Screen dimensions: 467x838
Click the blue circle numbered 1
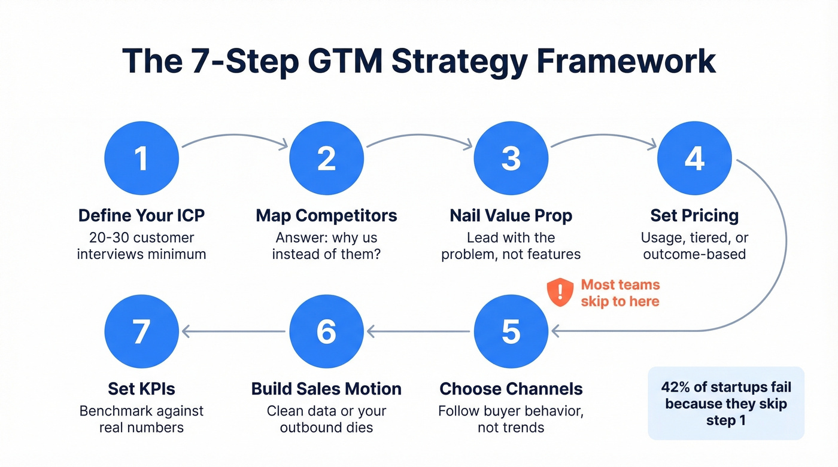pyautogui.click(x=141, y=159)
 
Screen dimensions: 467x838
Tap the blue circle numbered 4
pyautogui.click(x=694, y=159)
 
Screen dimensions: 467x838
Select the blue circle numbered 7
pyautogui.click(x=141, y=331)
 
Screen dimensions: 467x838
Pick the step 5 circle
pyautogui.click(x=511, y=331)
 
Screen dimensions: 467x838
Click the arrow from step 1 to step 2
pyautogui.click(x=234, y=141)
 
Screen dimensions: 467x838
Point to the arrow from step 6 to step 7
pyautogui.click(x=233, y=331)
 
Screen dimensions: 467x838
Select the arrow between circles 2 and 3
pyautogui.click(x=418, y=141)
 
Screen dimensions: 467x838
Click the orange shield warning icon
pyautogui.click(x=560, y=292)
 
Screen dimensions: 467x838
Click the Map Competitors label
pyautogui.click(x=326, y=215)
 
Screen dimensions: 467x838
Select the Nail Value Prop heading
pyautogui.click(x=511, y=215)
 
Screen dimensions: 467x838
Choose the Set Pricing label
pyautogui.click(x=694, y=215)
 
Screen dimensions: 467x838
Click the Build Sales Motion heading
pyautogui.click(x=326, y=389)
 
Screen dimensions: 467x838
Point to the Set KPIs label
pyautogui.click(x=141, y=389)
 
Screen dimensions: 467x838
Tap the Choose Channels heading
pyautogui.click(x=511, y=389)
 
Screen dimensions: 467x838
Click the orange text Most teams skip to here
pyautogui.click(x=620, y=292)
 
